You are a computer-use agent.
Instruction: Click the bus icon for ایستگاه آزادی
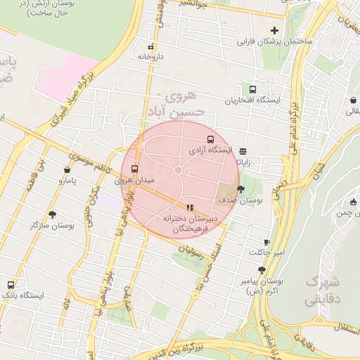(210, 139)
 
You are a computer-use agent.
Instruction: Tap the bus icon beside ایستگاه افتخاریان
(252, 89)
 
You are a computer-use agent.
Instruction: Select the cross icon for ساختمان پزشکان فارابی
(274, 30)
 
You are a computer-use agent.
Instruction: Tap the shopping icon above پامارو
(67, 169)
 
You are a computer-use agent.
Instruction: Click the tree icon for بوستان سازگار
(53, 214)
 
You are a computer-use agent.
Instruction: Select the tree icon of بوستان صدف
(241, 189)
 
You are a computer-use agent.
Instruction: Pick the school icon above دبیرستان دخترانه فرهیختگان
(189, 207)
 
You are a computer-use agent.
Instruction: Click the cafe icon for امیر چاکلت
(266, 241)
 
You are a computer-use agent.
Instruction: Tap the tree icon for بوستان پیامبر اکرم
(262, 269)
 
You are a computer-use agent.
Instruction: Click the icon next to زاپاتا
(243, 150)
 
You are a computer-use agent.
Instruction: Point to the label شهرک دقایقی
(323, 290)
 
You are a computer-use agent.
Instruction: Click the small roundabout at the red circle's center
(178, 170)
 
